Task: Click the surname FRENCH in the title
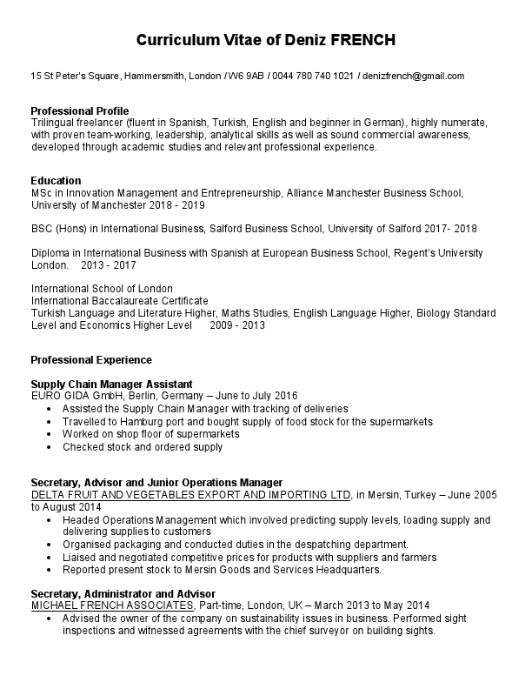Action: point(363,41)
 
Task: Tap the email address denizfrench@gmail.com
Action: point(414,77)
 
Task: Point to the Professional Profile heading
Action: point(79,111)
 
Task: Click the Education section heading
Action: point(57,181)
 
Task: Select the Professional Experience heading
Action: point(91,360)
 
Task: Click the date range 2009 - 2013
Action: point(236,325)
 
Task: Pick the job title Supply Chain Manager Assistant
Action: point(111,385)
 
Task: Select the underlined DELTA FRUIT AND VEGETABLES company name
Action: point(191,495)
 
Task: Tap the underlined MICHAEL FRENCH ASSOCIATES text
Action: point(112,605)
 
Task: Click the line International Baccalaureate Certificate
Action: point(119,301)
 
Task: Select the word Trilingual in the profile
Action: point(55,124)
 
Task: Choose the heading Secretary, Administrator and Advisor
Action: point(123,594)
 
